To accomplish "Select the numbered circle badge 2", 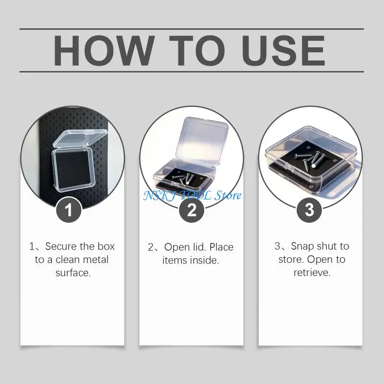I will (x=192, y=210).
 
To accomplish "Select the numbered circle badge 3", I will (x=309, y=210).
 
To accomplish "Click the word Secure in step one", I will (x=61, y=247).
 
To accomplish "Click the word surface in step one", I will (x=72, y=273).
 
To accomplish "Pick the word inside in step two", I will (x=205, y=261).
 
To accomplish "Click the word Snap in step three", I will (x=302, y=246).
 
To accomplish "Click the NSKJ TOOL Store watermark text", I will (x=192, y=195).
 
